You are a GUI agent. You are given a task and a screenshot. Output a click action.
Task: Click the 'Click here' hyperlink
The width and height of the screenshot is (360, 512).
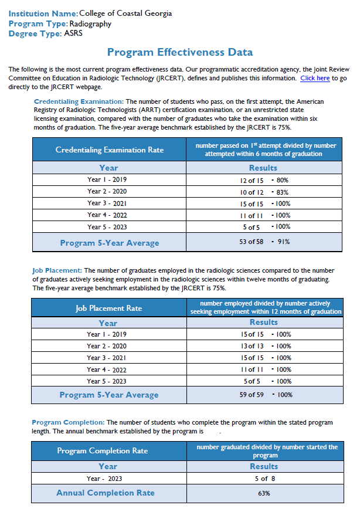pyautogui.click(x=315, y=78)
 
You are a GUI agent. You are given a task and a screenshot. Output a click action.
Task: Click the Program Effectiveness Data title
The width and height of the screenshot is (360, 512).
pyautogui.click(x=180, y=53)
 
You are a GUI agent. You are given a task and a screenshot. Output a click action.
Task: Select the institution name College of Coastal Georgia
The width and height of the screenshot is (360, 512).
pyautogui.click(x=125, y=13)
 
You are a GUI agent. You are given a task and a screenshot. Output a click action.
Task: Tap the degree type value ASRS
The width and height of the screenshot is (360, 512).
pyautogui.click(x=74, y=34)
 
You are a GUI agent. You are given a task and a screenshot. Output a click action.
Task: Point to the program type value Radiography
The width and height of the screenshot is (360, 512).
pyautogui.click(x=90, y=24)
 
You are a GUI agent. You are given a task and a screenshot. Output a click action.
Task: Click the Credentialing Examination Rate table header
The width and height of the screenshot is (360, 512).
pyautogui.click(x=109, y=150)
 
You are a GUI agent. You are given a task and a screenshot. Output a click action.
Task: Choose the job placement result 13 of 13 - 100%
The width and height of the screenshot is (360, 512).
pyautogui.click(x=265, y=346)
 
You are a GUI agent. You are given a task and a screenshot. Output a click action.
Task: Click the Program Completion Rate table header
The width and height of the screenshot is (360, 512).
pyautogui.click(x=102, y=450)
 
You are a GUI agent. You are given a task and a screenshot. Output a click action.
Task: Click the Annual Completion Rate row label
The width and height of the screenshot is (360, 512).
pyautogui.click(x=106, y=493)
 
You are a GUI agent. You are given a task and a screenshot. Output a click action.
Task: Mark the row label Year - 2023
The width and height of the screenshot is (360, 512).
pyautogui.click(x=108, y=479)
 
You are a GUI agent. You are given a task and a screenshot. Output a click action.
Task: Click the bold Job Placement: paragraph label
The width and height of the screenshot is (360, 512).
pyautogui.click(x=57, y=270)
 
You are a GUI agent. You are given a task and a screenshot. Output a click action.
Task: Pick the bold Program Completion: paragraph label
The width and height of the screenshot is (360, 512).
pyautogui.click(x=68, y=422)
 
